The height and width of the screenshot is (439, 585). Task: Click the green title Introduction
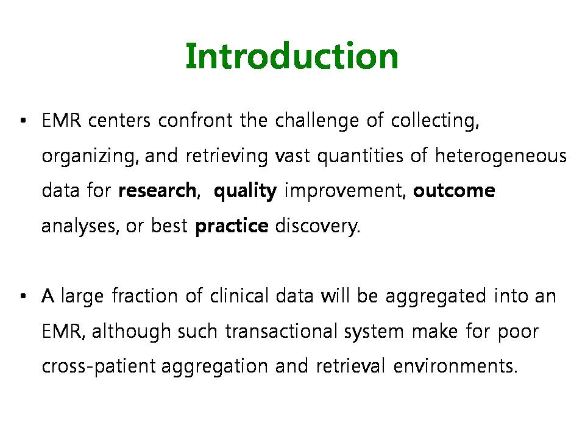point(292,56)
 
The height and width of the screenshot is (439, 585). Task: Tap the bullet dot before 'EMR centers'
point(24,121)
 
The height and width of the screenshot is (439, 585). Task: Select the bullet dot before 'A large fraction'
point(24,296)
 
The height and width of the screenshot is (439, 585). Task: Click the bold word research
point(157,190)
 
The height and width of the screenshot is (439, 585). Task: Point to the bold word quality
point(246,191)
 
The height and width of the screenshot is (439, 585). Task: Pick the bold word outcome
point(454,190)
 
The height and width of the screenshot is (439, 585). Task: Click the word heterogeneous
point(501,156)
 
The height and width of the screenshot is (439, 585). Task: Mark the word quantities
point(360,156)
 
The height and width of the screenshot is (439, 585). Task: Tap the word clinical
point(239,296)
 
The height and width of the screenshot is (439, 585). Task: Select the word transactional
point(282,331)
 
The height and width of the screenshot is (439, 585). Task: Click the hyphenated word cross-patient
point(99,366)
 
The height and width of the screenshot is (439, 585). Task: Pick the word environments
point(455,366)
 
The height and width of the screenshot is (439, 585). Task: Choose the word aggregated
point(435,297)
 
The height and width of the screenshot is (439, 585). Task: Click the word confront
point(195,121)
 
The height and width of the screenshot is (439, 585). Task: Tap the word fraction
point(145,296)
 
